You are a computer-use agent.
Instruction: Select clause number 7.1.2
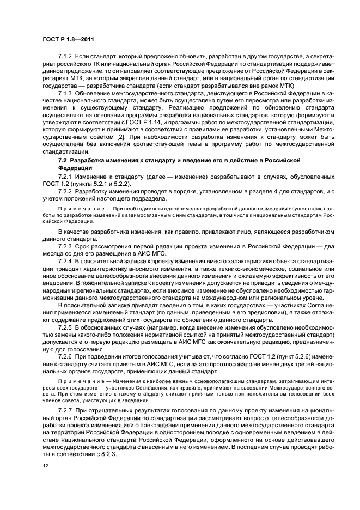coord(65,57)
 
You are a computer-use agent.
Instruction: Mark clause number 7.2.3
coord(65,246)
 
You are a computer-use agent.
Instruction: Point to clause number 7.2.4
coord(65,261)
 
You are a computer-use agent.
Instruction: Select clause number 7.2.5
coord(65,327)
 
